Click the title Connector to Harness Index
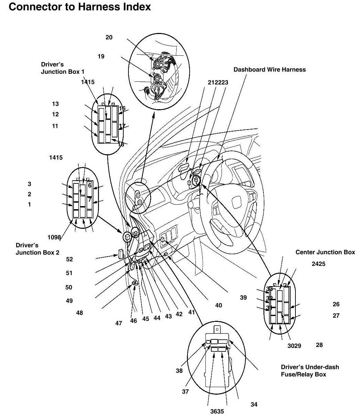(80, 7)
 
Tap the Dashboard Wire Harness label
(269, 69)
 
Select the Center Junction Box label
(325, 252)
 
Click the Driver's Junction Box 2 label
(37, 249)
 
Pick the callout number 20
(109, 37)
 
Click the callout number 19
(101, 56)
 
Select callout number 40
(218, 305)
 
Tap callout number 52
(69, 259)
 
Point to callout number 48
(79, 313)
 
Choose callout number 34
(254, 404)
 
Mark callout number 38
(179, 371)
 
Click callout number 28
(319, 345)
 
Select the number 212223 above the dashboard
(218, 82)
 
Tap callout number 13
(55, 104)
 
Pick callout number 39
(243, 297)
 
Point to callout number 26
(336, 304)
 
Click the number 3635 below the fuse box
(217, 411)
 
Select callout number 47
(119, 323)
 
